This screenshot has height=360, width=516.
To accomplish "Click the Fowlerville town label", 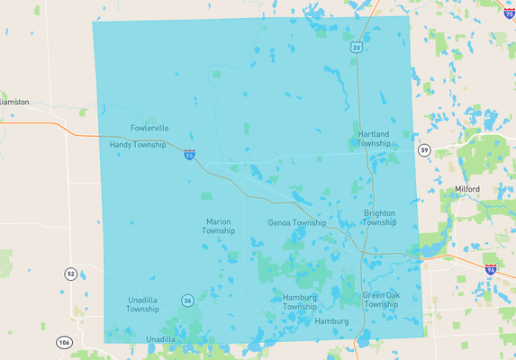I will (149, 128).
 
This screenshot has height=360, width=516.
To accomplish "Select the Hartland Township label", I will (374, 139).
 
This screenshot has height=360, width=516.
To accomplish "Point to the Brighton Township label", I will (379, 218).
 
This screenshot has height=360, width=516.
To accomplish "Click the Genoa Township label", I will (297, 222).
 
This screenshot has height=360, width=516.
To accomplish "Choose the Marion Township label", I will (219, 226).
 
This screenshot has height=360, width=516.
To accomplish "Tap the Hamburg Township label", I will (300, 301).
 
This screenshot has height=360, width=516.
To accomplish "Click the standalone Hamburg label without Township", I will (331, 321).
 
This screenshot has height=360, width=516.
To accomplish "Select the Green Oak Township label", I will (381, 300).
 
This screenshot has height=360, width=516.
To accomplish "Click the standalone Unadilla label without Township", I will (161, 339).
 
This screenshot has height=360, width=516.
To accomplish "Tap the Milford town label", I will (466, 189).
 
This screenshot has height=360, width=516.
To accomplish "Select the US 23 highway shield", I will (358, 47).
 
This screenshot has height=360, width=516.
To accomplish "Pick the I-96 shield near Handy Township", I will (190, 155).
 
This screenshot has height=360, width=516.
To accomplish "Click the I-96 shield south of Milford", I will (491, 268).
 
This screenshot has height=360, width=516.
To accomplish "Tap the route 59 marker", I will (424, 149).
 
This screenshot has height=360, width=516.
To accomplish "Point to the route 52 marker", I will (70, 273).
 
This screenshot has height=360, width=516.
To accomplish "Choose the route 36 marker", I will (187, 300).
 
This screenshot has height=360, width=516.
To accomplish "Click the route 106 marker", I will (64, 342).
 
